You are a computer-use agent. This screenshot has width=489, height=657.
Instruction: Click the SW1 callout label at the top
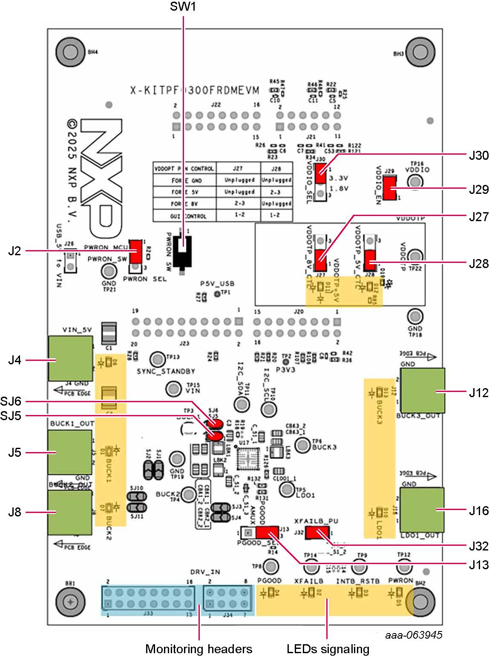(183, 7)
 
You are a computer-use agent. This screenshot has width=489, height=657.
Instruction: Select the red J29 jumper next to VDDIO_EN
(389, 188)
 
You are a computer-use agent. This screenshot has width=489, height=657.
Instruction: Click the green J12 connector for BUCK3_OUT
(423, 391)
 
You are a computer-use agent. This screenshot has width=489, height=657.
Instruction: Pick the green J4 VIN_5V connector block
(70, 358)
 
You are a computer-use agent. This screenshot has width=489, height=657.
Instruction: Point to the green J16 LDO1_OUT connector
(422, 510)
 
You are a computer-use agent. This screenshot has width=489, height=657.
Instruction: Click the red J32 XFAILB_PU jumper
(318, 533)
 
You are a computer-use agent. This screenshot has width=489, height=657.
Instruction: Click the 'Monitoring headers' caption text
(198, 649)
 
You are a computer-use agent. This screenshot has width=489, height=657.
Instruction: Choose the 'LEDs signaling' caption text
(328, 649)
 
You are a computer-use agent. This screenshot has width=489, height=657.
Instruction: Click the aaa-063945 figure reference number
(413, 635)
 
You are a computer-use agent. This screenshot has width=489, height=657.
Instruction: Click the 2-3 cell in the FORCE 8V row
(239, 204)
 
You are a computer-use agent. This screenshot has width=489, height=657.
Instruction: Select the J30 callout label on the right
(478, 156)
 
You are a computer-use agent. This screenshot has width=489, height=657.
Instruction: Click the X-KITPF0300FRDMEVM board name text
(195, 90)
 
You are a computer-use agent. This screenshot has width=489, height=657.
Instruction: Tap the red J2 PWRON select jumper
(136, 251)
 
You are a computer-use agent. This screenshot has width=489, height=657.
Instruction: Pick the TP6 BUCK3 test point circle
(303, 445)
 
